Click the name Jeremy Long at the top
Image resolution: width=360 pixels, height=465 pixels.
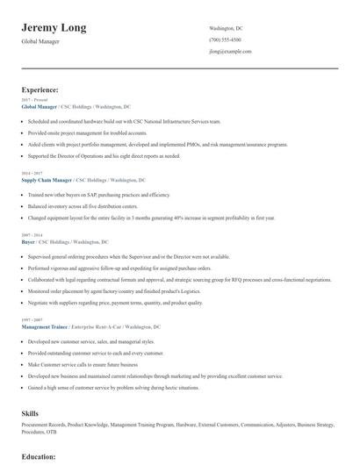pyautogui.click(x=54, y=28)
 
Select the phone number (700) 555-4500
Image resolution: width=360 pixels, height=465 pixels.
pyautogui.click(x=225, y=40)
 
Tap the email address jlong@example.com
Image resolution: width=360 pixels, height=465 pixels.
pyautogui.click(x=230, y=52)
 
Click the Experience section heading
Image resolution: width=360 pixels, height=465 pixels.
pyautogui.click(x=40, y=89)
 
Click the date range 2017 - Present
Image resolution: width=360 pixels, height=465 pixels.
pyautogui.click(x=33, y=101)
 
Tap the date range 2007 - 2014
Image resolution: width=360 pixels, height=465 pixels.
pyautogui.click(x=31, y=234)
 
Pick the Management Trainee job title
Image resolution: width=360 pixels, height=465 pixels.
pyautogui.click(x=45, y=325)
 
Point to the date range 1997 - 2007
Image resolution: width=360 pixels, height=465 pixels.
pyautogui.click(x=31, y=318)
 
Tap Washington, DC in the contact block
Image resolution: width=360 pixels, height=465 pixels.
pyautogui.click(x=230, y=29)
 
